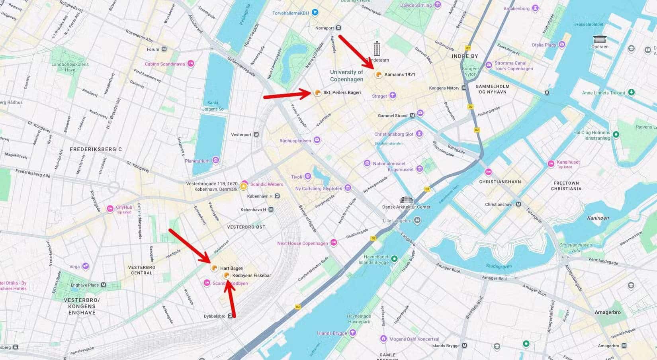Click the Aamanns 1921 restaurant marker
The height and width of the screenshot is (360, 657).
[x=378, y=74]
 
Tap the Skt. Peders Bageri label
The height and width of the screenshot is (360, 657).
[x=342, y=93]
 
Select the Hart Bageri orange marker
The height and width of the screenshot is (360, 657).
[x=214, y=268]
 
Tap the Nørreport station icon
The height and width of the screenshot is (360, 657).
[x=338, y=28]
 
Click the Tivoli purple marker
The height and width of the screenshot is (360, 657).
[x=307, y=176]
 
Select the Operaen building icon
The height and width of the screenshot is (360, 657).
[x=600, y=39]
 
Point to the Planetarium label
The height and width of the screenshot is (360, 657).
[x=197, y=161]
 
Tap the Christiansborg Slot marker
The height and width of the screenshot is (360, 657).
[x=419, y=134]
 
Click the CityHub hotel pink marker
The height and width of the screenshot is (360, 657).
[x=110, y=209]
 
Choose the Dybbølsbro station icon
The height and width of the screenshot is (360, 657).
[x=231, y=316]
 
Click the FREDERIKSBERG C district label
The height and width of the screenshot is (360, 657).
[x=96, y=149]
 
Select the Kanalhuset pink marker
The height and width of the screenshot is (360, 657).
[x=551, y=164]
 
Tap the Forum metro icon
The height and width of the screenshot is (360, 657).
[x=164, y=49]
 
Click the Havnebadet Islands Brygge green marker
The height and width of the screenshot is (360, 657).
[x=394, y=259]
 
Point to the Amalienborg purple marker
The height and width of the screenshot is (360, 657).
[x=536, y=8]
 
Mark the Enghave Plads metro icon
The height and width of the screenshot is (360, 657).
[x=104, y=285]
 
